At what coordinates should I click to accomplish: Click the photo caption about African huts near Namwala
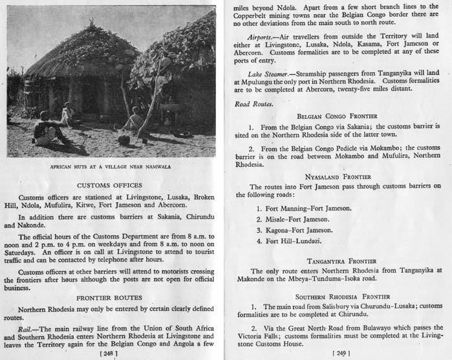[111, 167]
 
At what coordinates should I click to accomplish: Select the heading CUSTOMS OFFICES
[111, 185]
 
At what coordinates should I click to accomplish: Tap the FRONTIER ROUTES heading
[111, 298]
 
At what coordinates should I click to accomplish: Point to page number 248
[111, 354]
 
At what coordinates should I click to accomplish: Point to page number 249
[341, 354]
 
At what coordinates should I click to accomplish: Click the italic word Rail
[27, 329]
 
